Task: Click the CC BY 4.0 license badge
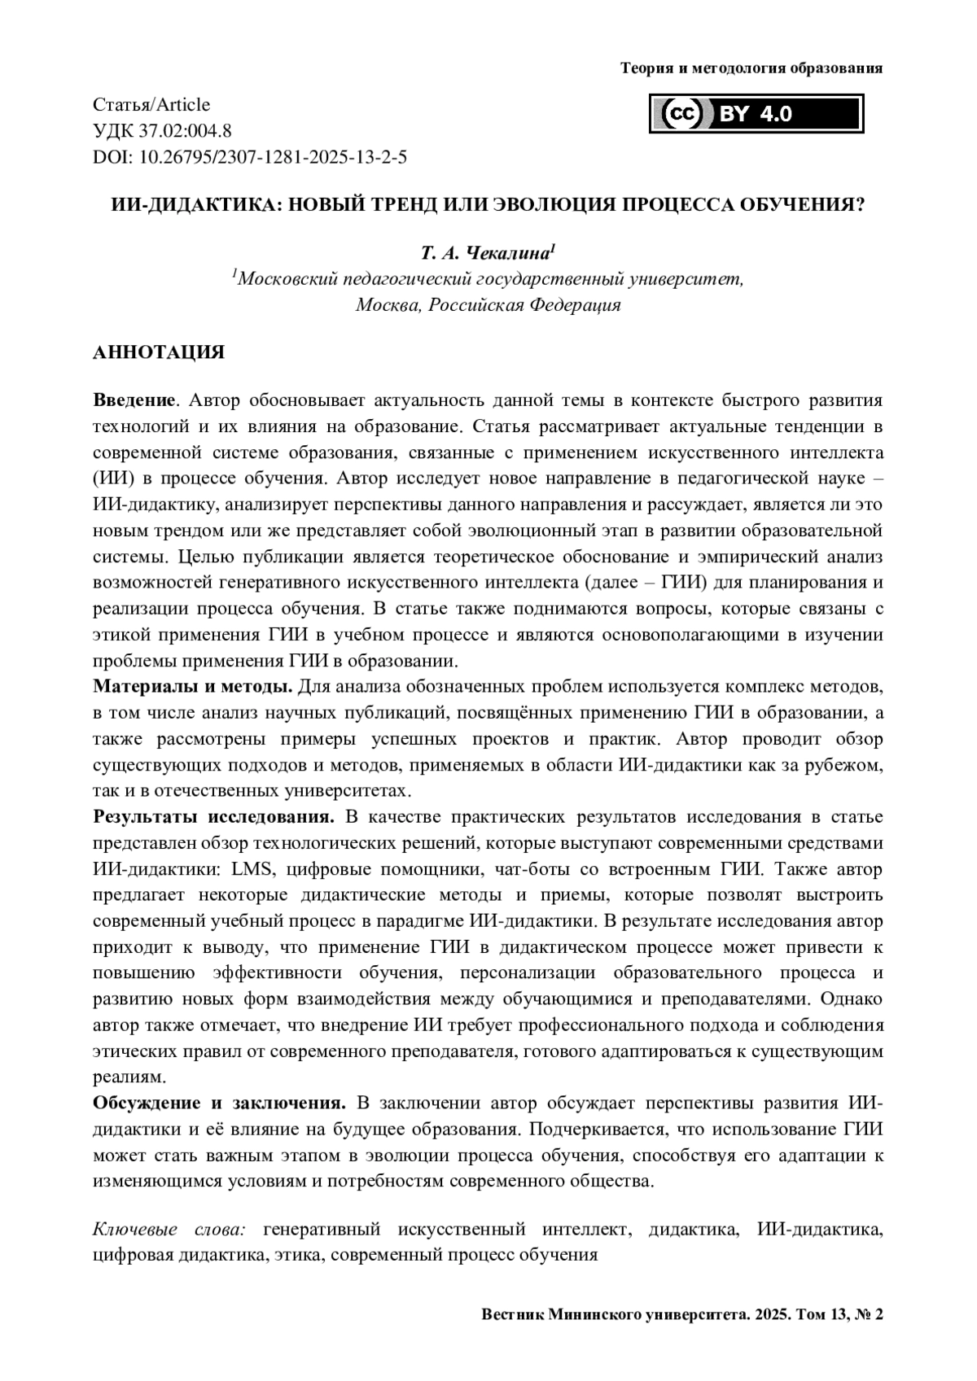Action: coord(756,115)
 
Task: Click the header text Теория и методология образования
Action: coord(751,68)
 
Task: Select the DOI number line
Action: coord(250,157)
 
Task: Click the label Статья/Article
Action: coord(151,105)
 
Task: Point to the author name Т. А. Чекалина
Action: coord(488,251)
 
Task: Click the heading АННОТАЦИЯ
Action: coord(159,353)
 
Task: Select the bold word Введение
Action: coord(134,400)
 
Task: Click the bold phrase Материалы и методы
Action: coord(193,687)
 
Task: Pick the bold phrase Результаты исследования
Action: coord(214,817)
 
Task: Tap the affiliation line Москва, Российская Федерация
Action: coord(488,305)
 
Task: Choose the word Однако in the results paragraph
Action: coord(853,999)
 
